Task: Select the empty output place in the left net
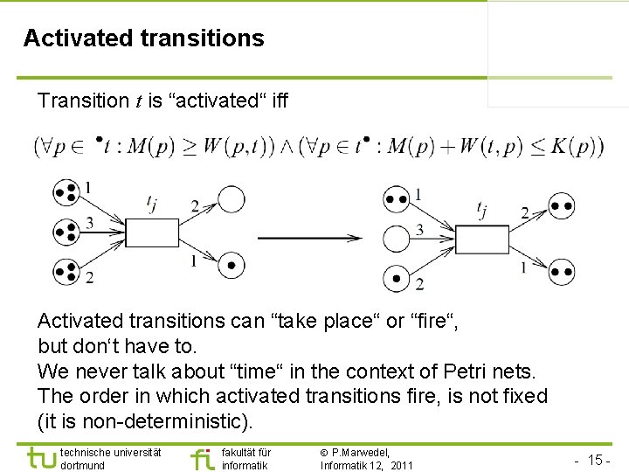click(x=231, y=200)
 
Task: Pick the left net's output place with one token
click(x=231, y=263)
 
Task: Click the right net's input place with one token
click(x=397, y=278)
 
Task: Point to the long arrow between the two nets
click(x=311, y=237)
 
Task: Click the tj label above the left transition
click(x=152, y=205)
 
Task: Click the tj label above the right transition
click(x=482, y=208)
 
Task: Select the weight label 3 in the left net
click(x=89, y=224)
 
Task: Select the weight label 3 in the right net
click(x=419, y=230)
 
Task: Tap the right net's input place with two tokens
click(x=397, y=198)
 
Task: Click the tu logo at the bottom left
click(x=42, y=457)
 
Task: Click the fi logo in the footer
click(x=202, y=457)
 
